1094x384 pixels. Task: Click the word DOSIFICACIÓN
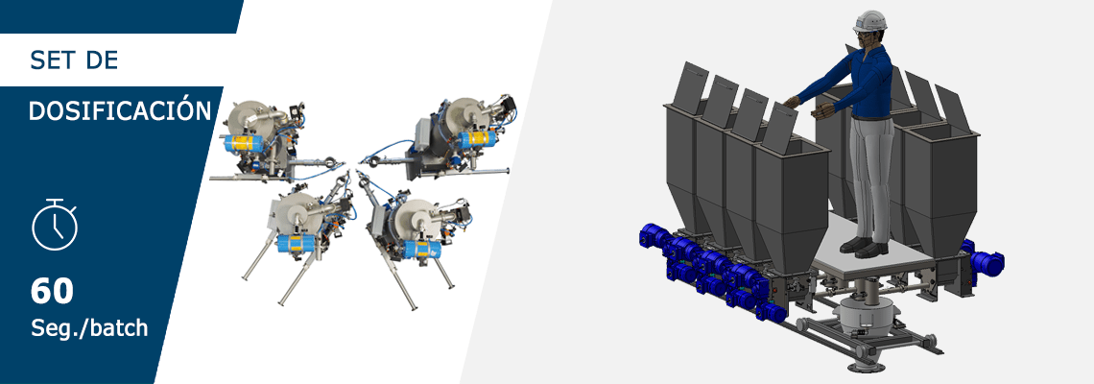tap(120, 110)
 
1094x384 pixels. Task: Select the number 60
tap(52, 292)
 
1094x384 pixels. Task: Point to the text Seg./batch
tap(89, 327)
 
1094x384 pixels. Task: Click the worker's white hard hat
tap(870, 21)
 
